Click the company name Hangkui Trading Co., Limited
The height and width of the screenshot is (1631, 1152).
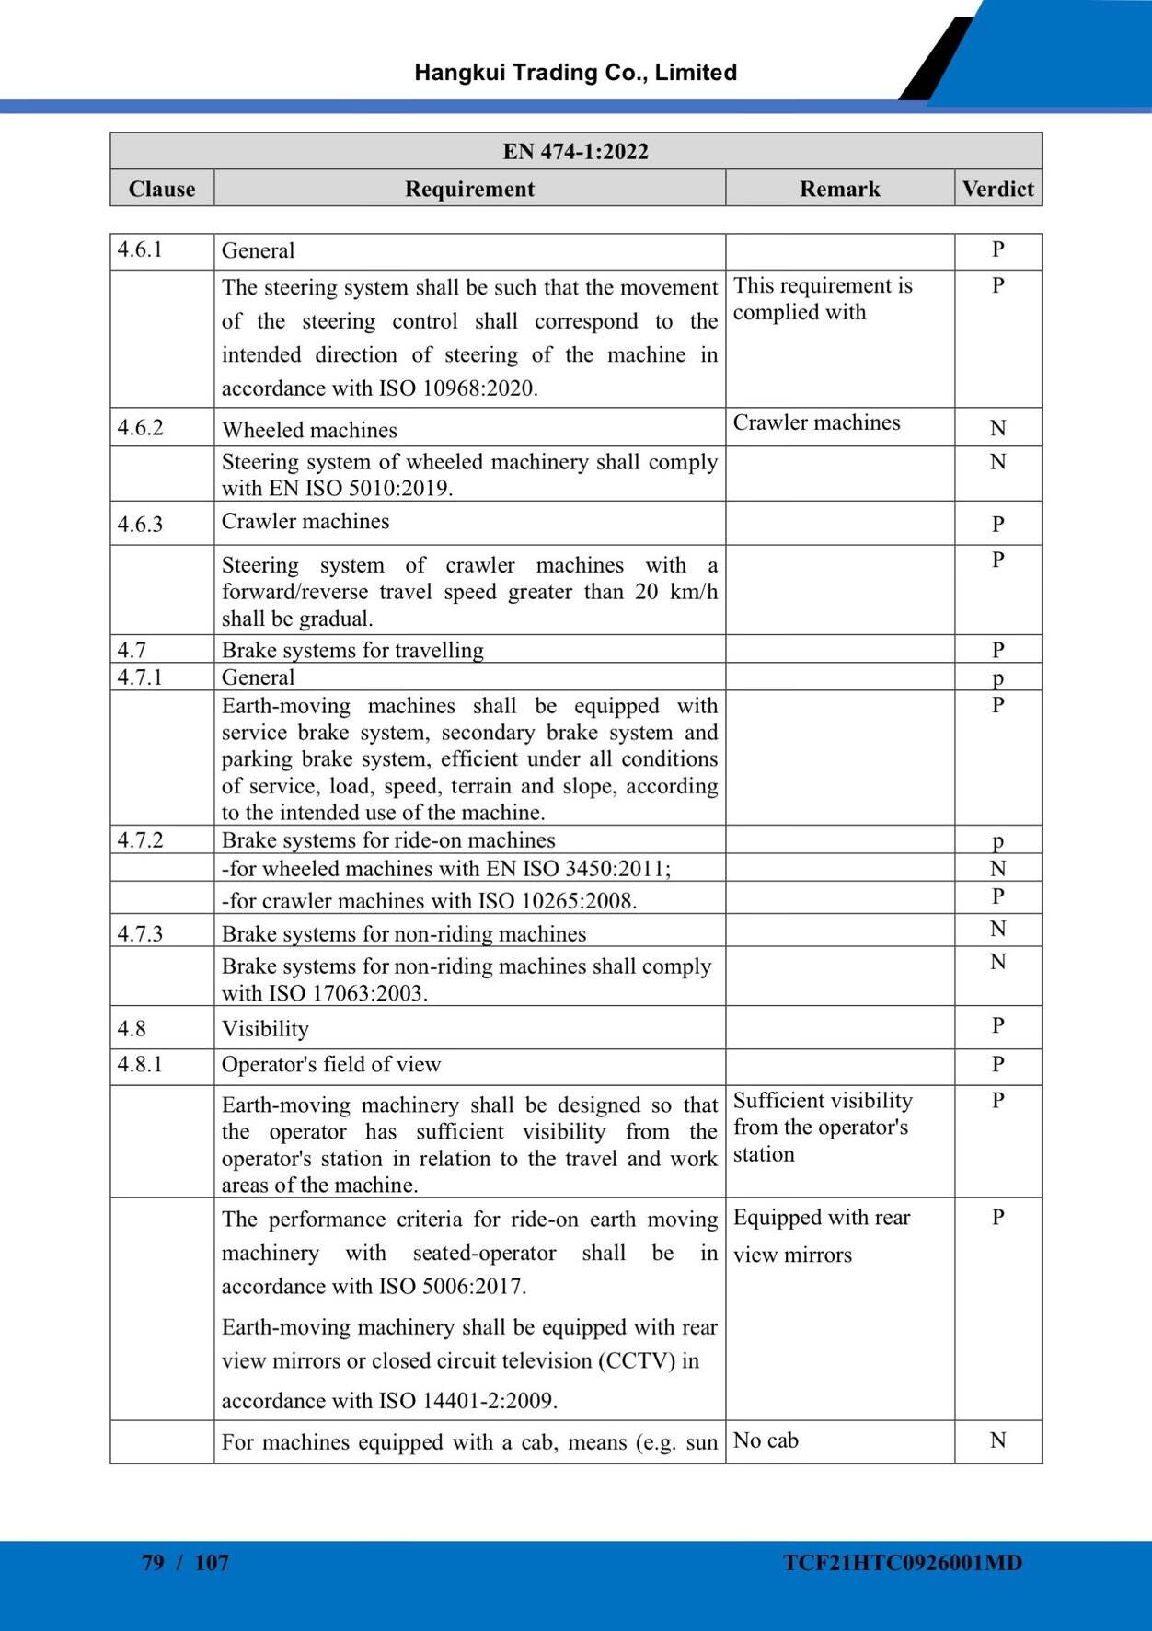(575, 73)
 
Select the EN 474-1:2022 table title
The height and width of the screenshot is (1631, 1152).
(575, 151)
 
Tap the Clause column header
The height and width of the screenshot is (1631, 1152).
(162, 189)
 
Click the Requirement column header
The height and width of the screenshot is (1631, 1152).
(469, 189)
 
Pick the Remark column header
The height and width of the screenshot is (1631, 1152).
(839, 189)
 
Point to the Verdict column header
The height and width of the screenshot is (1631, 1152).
(997, 189)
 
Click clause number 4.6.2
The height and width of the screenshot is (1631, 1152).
(140, 428)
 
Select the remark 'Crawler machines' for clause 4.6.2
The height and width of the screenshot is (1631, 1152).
(816, 422)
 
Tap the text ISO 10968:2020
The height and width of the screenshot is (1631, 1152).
(458, 388)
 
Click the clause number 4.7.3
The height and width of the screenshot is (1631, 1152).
(140, 933)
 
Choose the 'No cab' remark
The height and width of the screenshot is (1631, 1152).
(766, 1440)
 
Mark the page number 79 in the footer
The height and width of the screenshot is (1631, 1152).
(153, 1562)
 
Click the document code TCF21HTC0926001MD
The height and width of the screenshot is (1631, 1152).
(903, 1563)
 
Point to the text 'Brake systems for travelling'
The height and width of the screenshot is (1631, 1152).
(352, 650)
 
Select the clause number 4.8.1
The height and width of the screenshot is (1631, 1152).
(140, 1065)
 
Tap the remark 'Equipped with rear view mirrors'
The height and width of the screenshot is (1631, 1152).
(821, 1236)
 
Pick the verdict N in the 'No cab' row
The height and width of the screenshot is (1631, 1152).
(997, 1440)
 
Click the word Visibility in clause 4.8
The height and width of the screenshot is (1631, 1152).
(265, 1029)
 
